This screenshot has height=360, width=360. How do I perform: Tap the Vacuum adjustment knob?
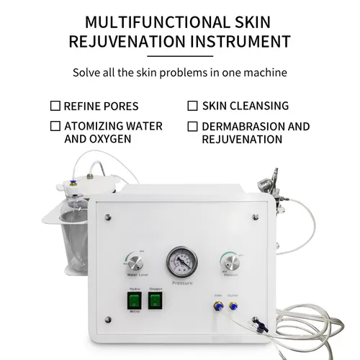click(230, 261)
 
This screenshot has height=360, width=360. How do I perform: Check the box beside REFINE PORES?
click(55, 106)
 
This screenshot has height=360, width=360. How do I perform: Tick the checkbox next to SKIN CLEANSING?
click(192, 106)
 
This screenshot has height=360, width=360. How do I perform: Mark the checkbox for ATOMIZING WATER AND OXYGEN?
click(55, 126)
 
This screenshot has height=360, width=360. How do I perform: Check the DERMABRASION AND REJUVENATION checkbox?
click(192, 126)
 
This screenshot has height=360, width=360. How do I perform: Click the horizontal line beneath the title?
click(179, 55)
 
